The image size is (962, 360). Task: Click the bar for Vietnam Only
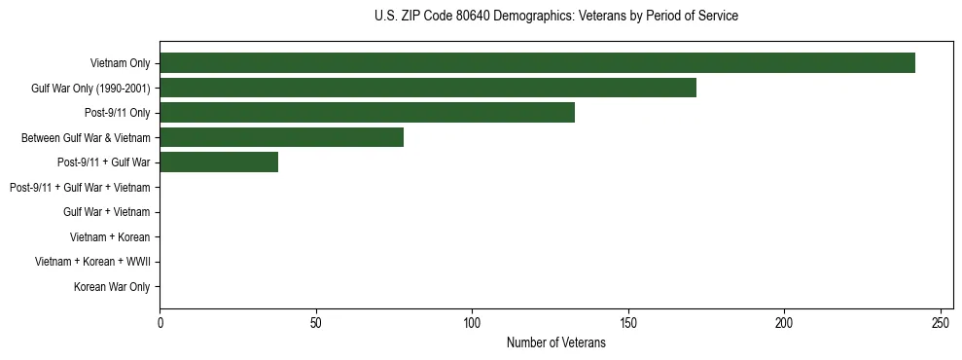coord(537,63)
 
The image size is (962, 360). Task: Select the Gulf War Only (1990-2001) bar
coord(428,88)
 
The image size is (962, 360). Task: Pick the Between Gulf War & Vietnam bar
coord(281,137)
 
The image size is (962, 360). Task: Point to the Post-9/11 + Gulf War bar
coord(219,162)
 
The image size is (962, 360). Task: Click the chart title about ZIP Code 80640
coord(555,17)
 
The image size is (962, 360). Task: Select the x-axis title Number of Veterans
coord(555,342)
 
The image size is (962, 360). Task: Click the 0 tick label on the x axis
coord(160,322)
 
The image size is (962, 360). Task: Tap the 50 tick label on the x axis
coord(316,322)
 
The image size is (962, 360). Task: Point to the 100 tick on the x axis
coord(472,322)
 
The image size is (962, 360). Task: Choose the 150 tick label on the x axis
coord(628,322)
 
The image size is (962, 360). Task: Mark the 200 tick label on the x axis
coord(784,322)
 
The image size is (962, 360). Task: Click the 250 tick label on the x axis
coord(941,322)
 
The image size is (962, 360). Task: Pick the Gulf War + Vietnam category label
coord(106,212)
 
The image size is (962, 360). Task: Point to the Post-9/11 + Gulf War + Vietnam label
coord(80,187)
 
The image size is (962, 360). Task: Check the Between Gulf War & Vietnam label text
coord(86,137)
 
